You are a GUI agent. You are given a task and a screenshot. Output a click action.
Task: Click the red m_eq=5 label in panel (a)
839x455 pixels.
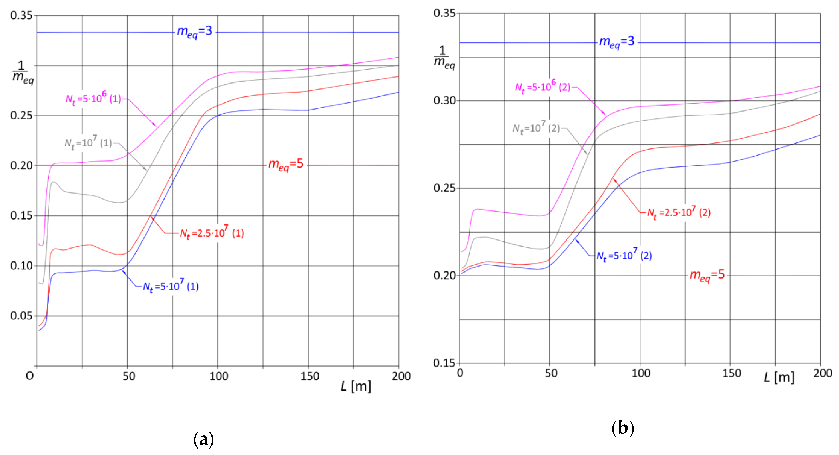pyautogui.click(x=286, y=164)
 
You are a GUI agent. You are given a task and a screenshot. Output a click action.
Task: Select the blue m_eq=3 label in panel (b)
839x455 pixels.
pyautogui.click(x=617, y=42)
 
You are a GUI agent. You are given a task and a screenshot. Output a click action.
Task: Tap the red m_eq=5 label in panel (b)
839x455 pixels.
pyautogui.click(x=707, y=275)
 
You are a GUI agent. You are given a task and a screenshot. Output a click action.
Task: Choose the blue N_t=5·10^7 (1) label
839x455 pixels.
pyautogui.click(x=171, y=286)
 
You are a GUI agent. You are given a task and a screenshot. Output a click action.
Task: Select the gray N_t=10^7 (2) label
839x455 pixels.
pyautogui.click(x=536, y=128)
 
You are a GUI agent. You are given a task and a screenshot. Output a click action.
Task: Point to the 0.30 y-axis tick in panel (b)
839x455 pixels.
pyautogui.click(x=444, y=100)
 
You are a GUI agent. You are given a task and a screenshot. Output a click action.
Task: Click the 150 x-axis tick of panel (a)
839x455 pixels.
pyautogui.click(x=309, y=376)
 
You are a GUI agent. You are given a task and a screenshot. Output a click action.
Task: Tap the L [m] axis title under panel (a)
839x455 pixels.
pyautogui.click(x=356, y=387)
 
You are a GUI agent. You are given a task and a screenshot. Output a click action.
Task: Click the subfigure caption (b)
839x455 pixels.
pyautogui.click(x=623, y=428)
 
